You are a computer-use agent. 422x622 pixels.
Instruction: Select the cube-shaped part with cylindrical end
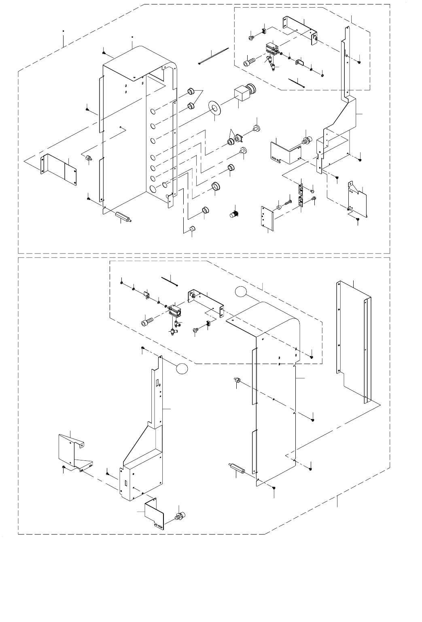click(245, 93)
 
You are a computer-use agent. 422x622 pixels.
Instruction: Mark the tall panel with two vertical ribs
click(353, 340)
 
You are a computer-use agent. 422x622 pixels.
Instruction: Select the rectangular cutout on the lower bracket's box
click(126, 483)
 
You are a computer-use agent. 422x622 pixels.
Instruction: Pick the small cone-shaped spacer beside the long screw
click(279, 207)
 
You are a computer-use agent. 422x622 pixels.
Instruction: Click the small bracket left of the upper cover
click(59, 167)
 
